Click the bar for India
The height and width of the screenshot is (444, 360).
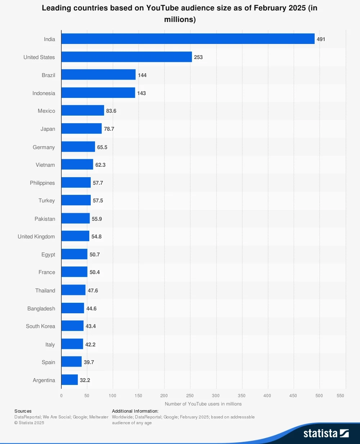(x=188, y=39)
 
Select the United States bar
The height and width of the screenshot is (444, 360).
(x=127, y=57)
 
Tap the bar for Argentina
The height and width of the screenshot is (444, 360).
(x=69, y=380)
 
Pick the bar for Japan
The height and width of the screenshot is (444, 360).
(x=82, y=129)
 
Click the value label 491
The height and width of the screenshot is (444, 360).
(x=321, y=39)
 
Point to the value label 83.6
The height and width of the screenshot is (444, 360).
(x=111, y=111)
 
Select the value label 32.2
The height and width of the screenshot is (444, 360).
(x=85, y=380)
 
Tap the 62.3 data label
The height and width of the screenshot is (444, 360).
(x=100, y=165)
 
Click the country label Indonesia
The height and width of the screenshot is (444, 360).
(x=44, y=93)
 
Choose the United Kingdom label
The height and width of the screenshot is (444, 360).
(x=36, y=237)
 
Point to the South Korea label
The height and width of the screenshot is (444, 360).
(x=40, y=326)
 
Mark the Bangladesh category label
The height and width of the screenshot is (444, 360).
(x=41, y=309)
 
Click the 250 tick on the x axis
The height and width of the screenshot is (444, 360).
(x=190, y=396)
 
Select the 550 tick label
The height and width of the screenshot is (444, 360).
(x=340, y=396)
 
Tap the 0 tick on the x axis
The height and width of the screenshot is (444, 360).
(x=61, y=396)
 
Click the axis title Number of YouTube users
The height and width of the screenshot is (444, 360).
(x=203, y=404)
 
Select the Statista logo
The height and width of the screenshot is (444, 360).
(x=326, y=433)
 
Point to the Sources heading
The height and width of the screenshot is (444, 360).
(x=23, y=411)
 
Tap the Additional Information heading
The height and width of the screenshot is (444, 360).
(x=135, y=411)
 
